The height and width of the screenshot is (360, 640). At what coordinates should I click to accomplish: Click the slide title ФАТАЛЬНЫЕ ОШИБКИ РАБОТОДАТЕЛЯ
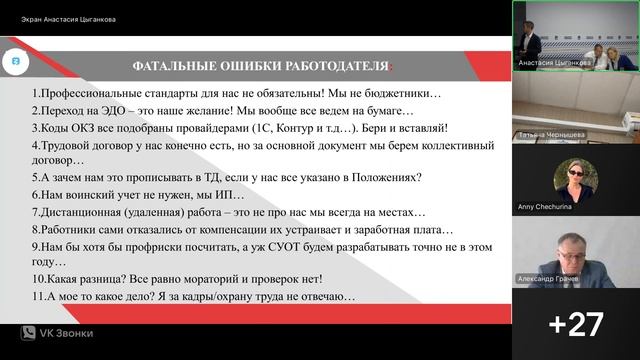(254, 66)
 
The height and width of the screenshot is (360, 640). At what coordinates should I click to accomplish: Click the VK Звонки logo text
(61, 333)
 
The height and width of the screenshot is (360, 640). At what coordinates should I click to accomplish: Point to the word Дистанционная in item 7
(83, 212)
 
